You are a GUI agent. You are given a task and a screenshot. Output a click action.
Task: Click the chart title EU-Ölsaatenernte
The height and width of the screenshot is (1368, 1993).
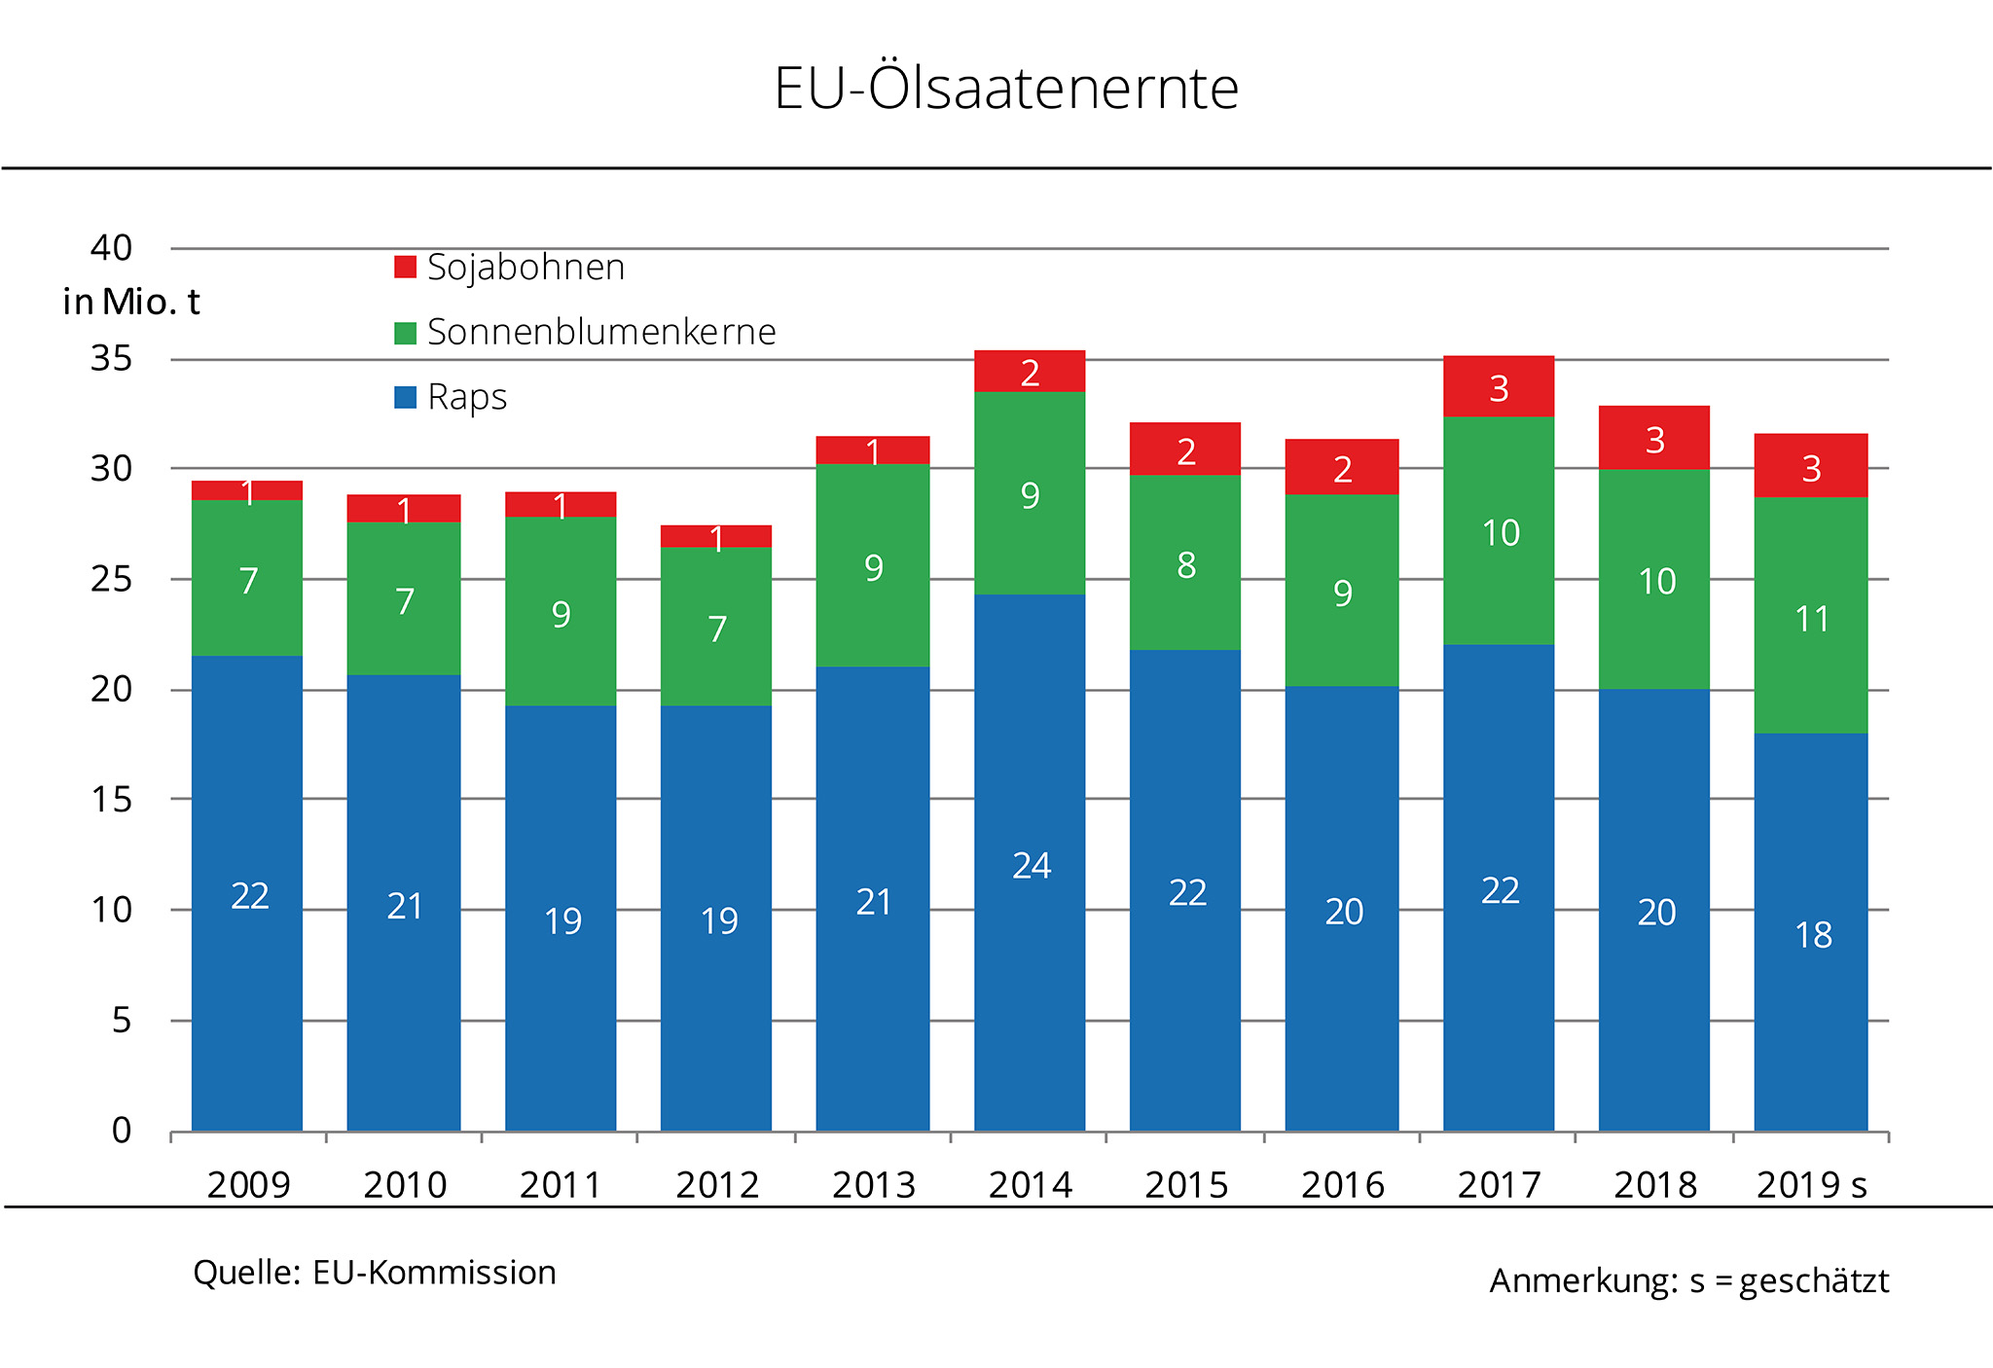pyautogui.click(x=1005, y=89)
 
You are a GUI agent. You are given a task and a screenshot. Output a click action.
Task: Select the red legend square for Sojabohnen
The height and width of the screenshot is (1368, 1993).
pyautogui.click(x=405, y=267)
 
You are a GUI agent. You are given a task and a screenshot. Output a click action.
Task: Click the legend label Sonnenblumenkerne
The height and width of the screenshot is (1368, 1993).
pyautogui.click(x=600, y=333)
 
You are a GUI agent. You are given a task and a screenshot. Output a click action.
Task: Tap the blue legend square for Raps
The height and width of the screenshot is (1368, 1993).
pyautogui.click(x=405, y=397)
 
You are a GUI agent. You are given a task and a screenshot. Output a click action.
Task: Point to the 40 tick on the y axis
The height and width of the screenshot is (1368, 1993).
pyautogui.click(x=111, y=248)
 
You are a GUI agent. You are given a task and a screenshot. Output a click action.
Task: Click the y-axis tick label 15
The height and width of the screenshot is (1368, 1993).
pyautogui.click(x=111, y=800)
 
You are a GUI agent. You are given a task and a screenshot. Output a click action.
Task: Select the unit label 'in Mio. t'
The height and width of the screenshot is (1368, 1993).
pyautogui.click(x=130, y=303)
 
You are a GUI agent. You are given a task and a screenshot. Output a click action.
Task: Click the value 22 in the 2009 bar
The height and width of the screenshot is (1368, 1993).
pyautogui.click(x=249, y=896)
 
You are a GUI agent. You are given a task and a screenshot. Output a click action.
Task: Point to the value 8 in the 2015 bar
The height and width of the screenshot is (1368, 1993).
pyautogui.click(x=1185, y=565)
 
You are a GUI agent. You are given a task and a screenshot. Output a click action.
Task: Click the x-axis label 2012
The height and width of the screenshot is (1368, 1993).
pyautogui.click(x=717, y=1185)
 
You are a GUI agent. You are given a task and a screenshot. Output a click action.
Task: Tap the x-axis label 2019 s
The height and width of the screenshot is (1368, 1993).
pyautogui.click(x=1811, y=1185)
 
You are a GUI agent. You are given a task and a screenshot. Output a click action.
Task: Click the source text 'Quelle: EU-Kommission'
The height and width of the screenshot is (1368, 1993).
pyautogui.click(x=375, y=1273)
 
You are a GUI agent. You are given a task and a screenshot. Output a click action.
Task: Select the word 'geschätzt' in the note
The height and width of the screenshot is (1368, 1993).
pyautogui.click(x=1813, y=1281)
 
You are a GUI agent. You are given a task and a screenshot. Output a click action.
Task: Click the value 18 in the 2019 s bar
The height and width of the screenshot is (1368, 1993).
pyautogui.click(x=1813, y=935)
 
